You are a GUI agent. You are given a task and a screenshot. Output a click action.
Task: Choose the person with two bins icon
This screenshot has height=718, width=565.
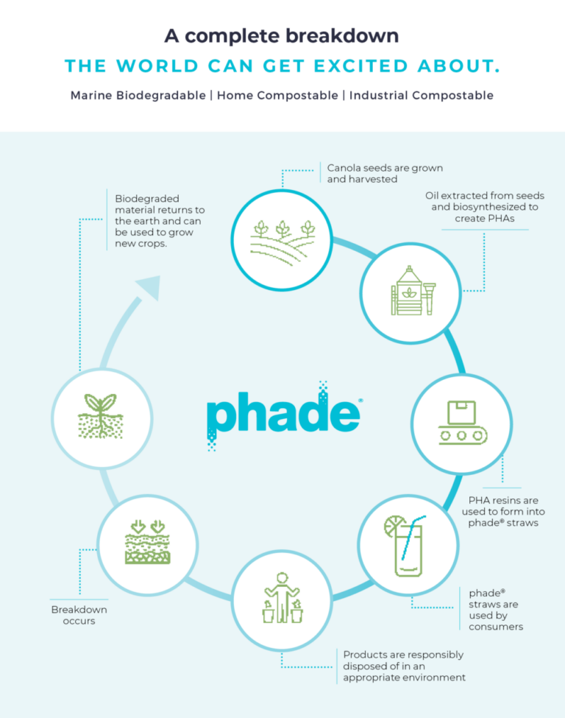tap(282, 596)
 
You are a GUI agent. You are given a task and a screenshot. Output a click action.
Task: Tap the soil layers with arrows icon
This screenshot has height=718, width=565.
tap(149, 543)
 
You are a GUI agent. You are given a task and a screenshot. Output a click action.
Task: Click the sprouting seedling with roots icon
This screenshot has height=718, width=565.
tap(101, 417)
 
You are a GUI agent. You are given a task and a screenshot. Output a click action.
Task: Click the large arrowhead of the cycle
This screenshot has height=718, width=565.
tap(150, 288)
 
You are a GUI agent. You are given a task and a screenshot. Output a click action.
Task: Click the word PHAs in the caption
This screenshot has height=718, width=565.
tap(500, 219)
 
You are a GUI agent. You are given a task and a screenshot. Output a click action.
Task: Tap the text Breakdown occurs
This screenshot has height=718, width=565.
tap(79, 615)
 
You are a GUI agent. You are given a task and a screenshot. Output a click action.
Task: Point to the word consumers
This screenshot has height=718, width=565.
tap(496, 627)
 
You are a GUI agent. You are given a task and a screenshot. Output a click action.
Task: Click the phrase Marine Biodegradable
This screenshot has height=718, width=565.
tap(138, 96)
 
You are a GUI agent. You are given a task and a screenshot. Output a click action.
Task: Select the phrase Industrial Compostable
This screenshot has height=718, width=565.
tap(422, 96)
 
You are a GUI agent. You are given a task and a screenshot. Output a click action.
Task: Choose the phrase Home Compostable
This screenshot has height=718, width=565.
tap(278, 96)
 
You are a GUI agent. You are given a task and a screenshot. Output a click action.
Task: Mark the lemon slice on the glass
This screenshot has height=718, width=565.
tap(394, 526)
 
